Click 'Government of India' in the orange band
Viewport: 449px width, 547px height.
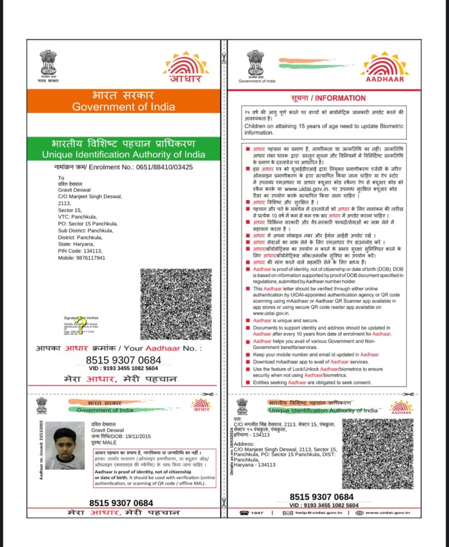(x=123, y=107)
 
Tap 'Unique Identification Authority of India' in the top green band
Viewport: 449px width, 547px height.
(x=123, y=155)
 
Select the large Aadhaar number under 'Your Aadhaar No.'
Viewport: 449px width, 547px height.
(x=123, y=360)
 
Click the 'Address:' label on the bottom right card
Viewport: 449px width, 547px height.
(x=246, y=444)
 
